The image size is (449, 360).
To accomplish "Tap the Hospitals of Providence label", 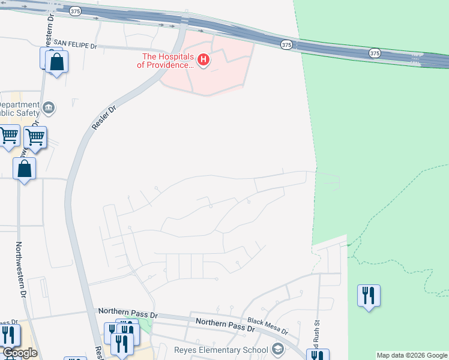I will tap(169, 61).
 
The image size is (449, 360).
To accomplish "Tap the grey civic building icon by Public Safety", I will tap(49, 109).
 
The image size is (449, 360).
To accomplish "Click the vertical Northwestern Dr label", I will tap(22, 270).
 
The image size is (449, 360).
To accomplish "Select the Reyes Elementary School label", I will tap(221, 350).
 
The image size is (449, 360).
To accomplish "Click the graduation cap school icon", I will tap(277, 349).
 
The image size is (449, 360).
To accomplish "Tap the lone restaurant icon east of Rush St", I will tap(369, 295).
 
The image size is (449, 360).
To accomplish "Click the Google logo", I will tap(19, 353).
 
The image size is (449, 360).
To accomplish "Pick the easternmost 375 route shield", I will tap(375, 53).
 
